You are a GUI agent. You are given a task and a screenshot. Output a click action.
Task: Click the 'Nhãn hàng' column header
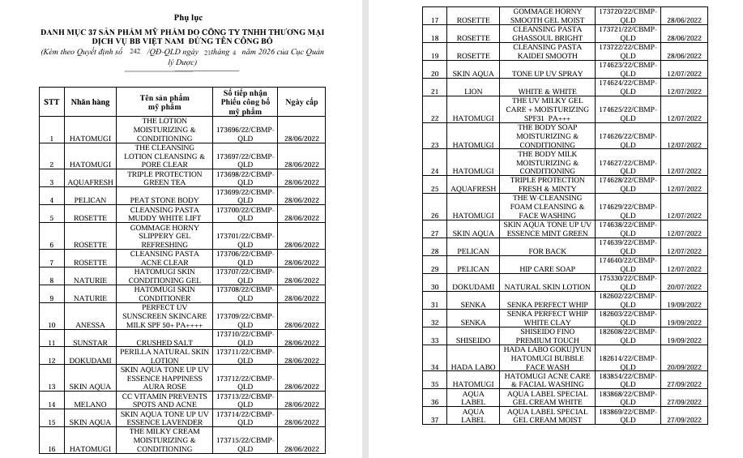tap(89, 103)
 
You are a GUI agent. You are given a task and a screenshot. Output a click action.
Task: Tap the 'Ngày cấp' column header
tap(301, 103)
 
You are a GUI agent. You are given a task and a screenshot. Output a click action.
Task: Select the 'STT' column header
tap(51, 103)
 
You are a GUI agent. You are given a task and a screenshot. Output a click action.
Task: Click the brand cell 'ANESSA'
tap(89, 325)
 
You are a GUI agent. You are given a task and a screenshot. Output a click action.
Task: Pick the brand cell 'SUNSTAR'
tap(89, 343)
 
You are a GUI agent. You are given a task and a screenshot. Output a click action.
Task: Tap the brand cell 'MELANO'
tap(89, 404)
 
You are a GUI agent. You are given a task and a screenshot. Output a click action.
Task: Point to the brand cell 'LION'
tap(473, 92)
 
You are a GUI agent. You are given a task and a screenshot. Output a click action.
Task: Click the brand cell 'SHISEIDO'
tap(473, 340)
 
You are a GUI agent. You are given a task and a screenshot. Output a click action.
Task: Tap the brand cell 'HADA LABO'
tap(473, 367)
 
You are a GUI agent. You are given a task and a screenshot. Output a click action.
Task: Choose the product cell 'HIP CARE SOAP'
tap(548, 269)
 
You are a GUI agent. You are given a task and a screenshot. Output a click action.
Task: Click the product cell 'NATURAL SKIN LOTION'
tap(548, 287)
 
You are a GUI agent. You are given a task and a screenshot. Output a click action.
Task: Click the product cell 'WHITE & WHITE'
tap(548, 92)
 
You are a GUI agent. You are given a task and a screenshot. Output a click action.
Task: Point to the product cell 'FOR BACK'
tap(548, 251)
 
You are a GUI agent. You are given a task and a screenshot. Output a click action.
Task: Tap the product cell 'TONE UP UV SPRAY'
tap(548, 74)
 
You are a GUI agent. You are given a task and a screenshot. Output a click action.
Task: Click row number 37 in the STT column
tap(435, 420)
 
